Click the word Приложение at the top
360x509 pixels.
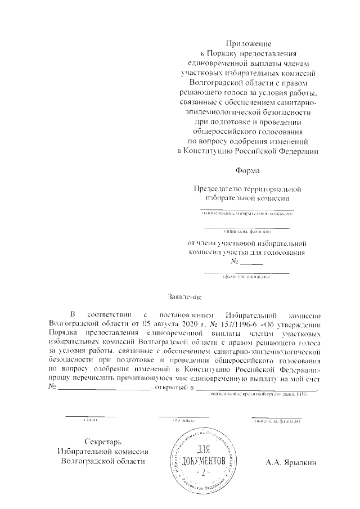click(x=248, y=43)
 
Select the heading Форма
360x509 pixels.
click(x=248, y=169)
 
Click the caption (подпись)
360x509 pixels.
click(x=183, y=421)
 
